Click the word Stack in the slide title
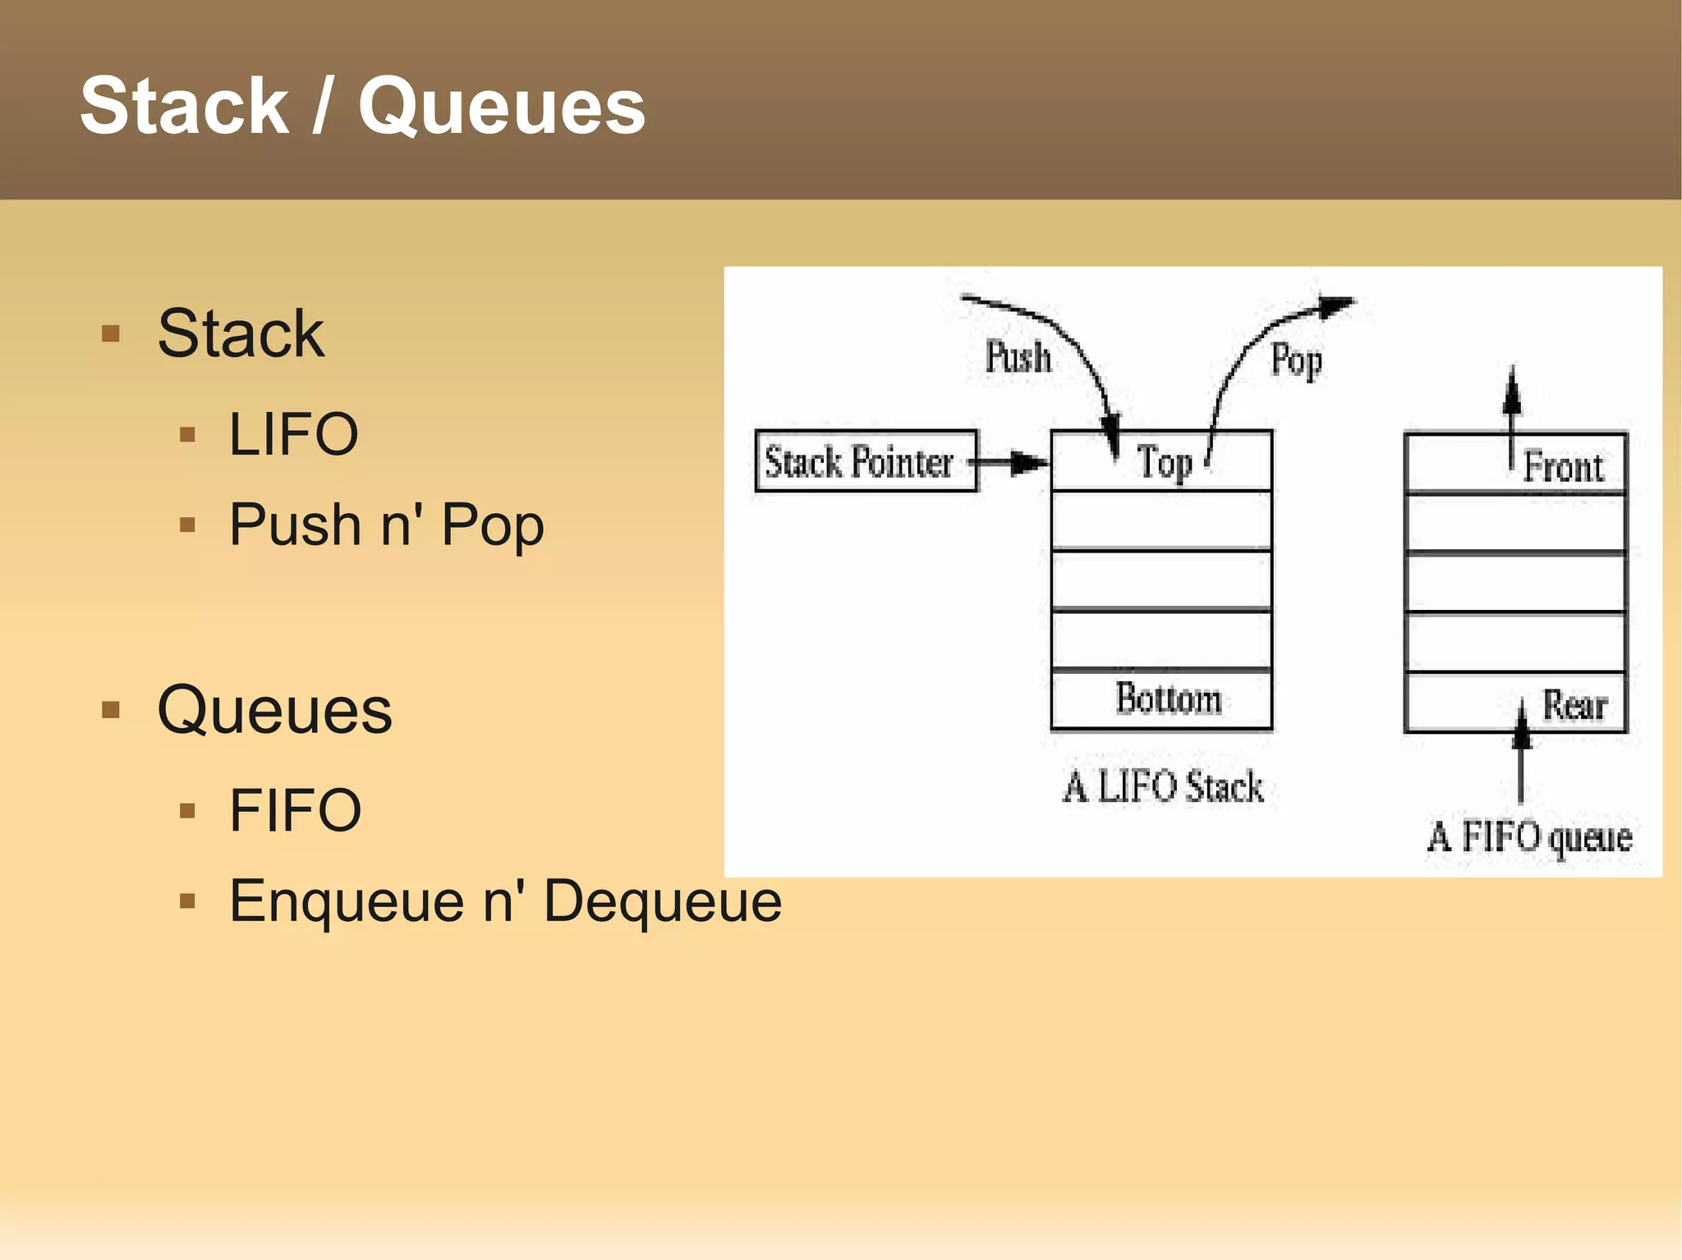point(184,106)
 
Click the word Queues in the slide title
point(502,108)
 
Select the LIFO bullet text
point(293,434)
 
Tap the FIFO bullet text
point(295,810)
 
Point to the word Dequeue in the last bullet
point(662,901)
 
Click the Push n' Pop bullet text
point(386,525)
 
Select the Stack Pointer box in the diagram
point(865,461)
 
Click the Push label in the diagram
point(1018,357)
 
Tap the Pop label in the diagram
point(1296,360)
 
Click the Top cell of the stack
point(1161,461)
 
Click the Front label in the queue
point(1563,467)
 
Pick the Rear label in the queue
point(1574,705)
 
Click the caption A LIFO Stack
point(1163,786)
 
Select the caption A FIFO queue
point(1529,837)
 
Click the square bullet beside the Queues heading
point(111,709)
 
